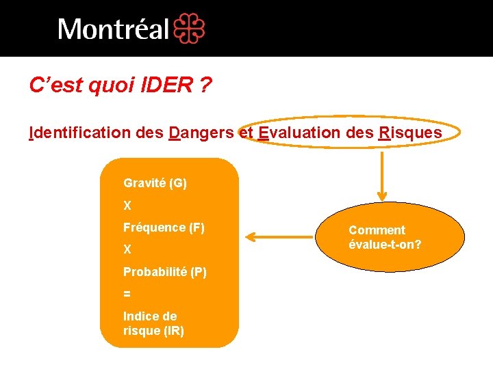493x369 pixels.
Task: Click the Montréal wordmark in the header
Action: pyautogui.click(x=113, y=29)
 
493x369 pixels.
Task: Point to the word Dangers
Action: pyautogui.click(x=201, y=132)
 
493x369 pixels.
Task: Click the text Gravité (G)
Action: pyautogui.click(x=155, y=183)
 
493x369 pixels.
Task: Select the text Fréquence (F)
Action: pyautogui.click(x=164, y=227)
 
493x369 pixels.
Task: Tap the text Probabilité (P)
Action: pyautogui.click(x=165, y=271)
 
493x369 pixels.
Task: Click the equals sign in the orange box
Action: pyautogui.click(x=127, y=293)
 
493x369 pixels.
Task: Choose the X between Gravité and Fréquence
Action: pyautogui.click(x=127, y=205)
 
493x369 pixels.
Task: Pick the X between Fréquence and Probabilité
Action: pyautogui.click(x=127, y=249)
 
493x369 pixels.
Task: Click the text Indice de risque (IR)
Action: pyautogui.click(x=153, y=323)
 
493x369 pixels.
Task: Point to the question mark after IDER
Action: pyautogui.click(x=205, y=85)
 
